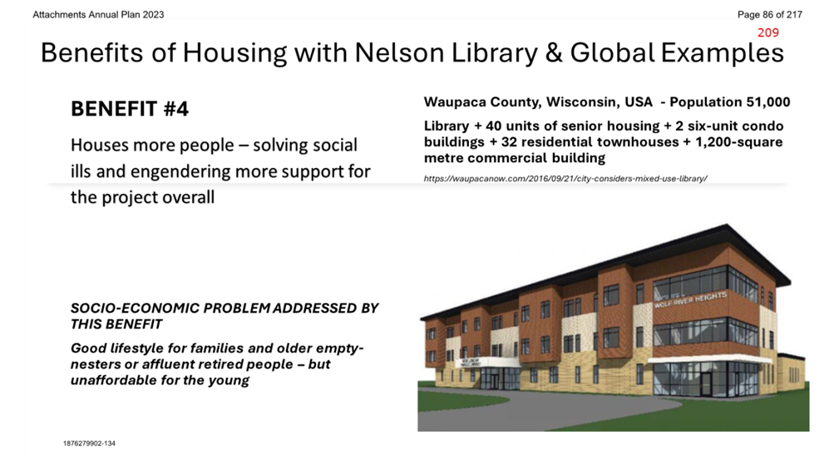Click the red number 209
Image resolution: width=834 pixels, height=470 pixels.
pos(768,32)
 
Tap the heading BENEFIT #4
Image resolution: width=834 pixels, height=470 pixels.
pos(130,109)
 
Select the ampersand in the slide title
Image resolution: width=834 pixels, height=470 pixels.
pos(554,52)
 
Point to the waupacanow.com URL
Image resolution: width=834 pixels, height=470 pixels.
pos(565,179)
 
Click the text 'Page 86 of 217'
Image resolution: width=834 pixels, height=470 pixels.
pos(770,15)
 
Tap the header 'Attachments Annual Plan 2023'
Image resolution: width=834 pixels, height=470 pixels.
pos(98,15)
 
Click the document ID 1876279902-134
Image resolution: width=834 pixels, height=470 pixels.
pos(89,443)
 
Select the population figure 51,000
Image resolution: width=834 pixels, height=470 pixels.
pos(768,101)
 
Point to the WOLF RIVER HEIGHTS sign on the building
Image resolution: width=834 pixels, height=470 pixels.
pos(690,299)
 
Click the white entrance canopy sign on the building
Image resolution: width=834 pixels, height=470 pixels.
pos(471,363)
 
